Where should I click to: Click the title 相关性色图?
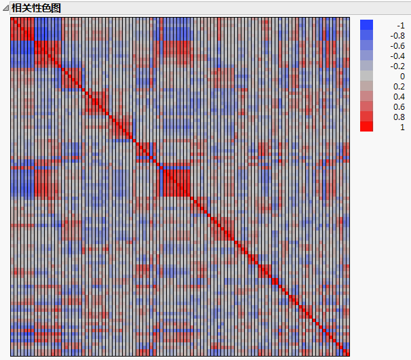pos(36,7)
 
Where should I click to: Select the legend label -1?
pos(400,25)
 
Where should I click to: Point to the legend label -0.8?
pos(397,35)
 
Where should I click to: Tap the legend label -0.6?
pos(397,45)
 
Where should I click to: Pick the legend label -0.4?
pos(397,56)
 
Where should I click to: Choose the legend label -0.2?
pos(397,66)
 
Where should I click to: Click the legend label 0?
pos(402,76)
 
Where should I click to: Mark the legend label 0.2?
pos(399,86)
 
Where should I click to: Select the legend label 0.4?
pos(399,96)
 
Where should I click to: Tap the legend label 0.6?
pos(399,106)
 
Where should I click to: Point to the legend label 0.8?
pos(399,117)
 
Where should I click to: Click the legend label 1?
pos(402,127)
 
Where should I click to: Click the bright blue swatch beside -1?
pos(366,25)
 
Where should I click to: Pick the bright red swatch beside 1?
pos(366,126)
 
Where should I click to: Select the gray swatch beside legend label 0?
pos(366,76)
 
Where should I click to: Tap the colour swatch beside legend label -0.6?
pos(366,45)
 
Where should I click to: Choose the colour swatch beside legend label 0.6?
pos(366,106)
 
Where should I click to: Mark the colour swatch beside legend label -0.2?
pos(366,66)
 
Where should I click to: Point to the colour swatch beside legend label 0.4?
pos(366,96)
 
